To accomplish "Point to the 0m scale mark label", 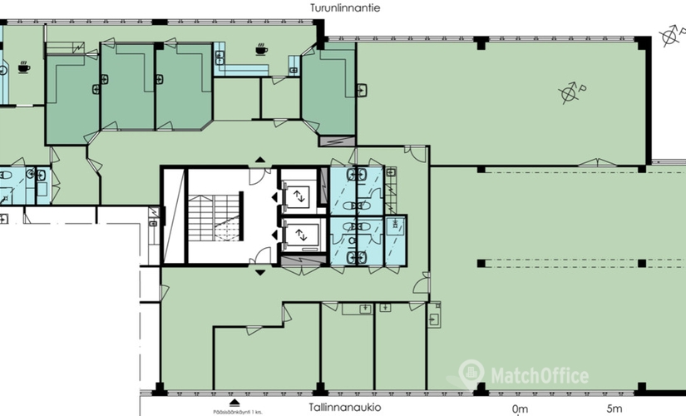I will pyautogui.click(x=520, y=409).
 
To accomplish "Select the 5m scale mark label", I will pyautogui.click(x=614, y=409).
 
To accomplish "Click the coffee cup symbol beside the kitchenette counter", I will pyautogui.click(x=261, y=50).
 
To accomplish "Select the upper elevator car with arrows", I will pyautogui.click(x=297, y=196).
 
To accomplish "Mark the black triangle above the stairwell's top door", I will pyautogui.click(x=261, y=159).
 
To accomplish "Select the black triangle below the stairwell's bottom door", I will pyautogui.click(x=261, y=272).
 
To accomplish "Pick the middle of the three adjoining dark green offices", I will pyautogui.click(x=127, y=86).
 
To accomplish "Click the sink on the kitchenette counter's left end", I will pyautogui.click(x=220, y=58).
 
